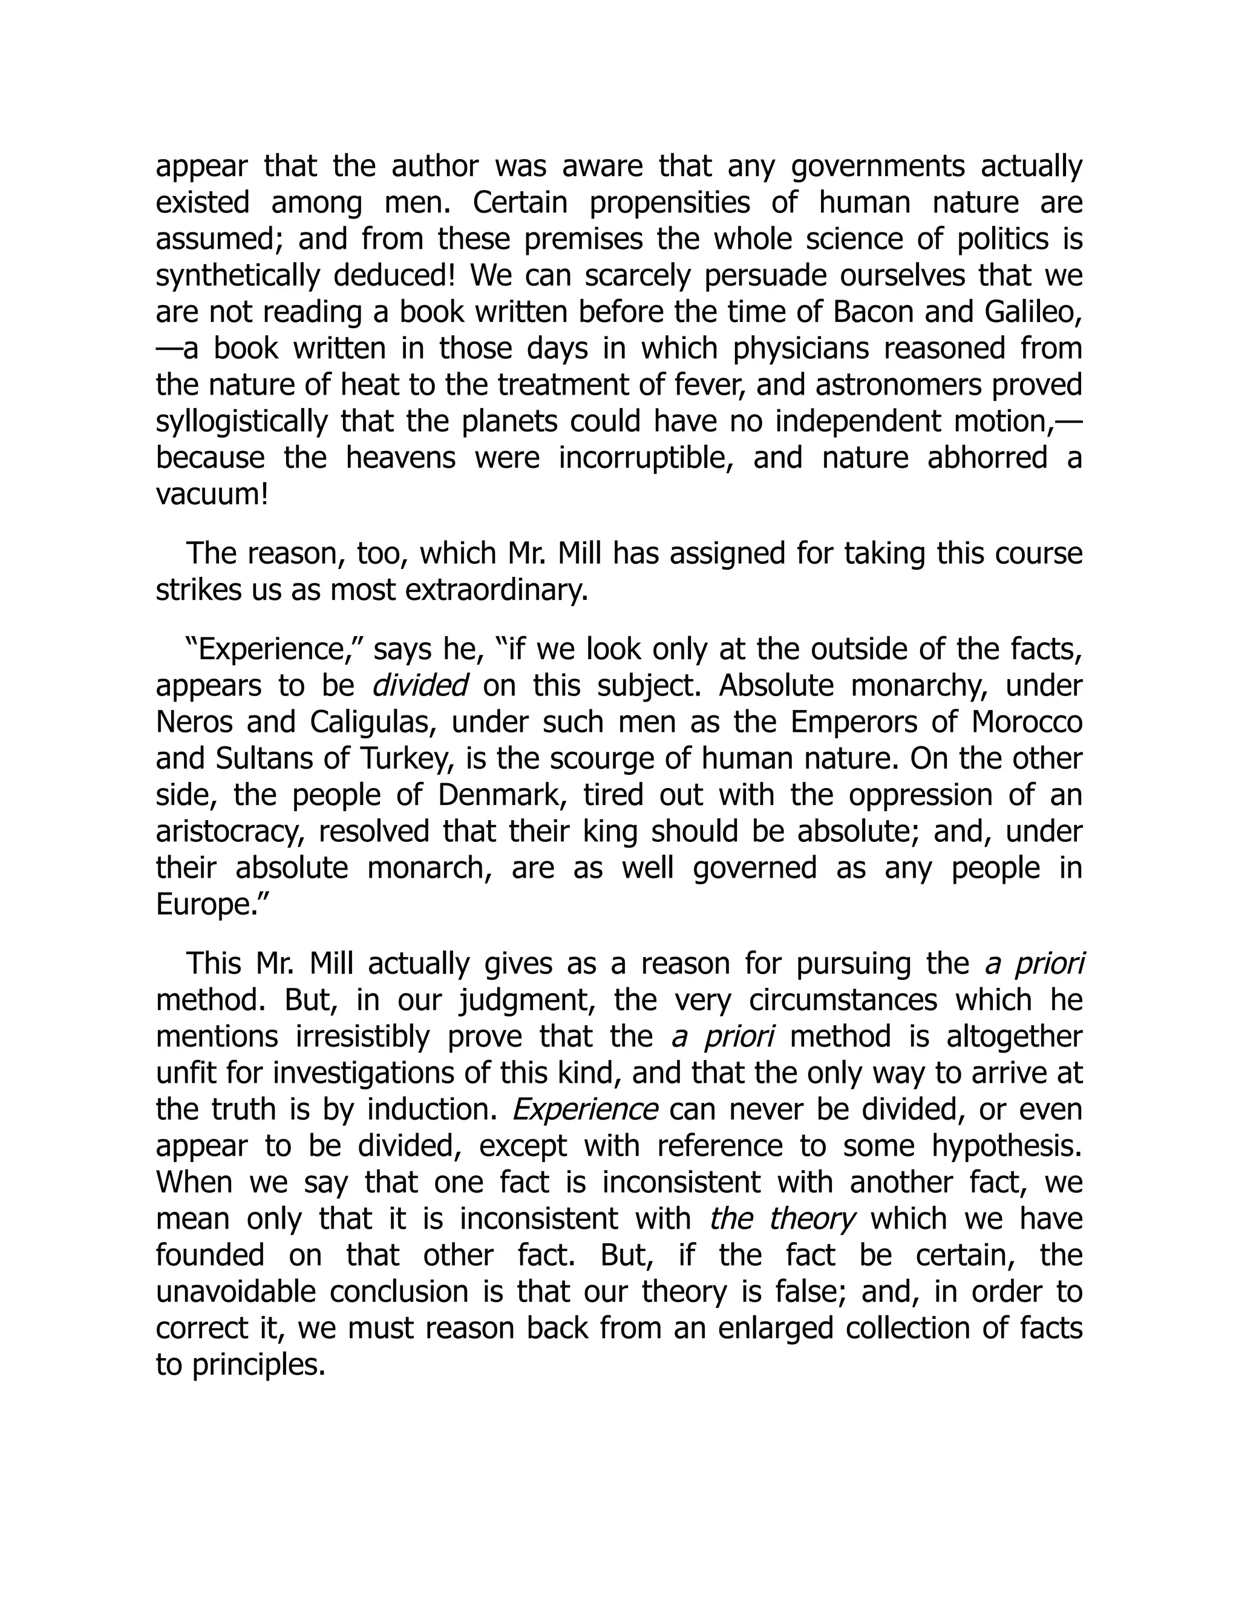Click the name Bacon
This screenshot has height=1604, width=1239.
tap(874, 312)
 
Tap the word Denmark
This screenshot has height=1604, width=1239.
tap(503, 795)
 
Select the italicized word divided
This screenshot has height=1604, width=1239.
tap(420, 686)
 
